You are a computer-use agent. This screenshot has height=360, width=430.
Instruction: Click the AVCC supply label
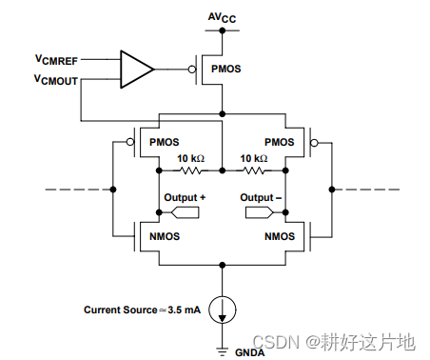(x=222, y=15)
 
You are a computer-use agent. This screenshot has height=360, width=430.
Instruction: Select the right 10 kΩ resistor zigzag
(x=254, y=170)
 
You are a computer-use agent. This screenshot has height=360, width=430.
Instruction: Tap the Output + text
(x=183, y=197)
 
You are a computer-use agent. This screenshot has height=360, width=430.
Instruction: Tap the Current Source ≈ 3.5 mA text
(x=141, y=310)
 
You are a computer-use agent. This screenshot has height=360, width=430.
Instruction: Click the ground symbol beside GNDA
(x=222, y=344)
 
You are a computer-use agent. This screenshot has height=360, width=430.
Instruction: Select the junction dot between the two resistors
(x=222, y=170)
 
